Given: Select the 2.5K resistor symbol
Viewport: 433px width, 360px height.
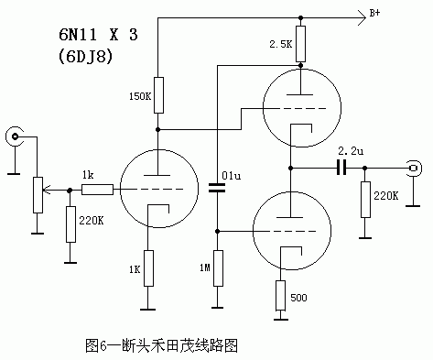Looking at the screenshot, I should (300, 43).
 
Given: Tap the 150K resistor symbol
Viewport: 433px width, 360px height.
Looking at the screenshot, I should (158, 93).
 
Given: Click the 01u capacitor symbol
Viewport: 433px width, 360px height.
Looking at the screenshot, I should (218, 189).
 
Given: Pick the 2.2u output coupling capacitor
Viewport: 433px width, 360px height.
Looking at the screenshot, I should (341, 168).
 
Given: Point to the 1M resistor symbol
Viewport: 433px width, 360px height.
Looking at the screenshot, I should (218, 267).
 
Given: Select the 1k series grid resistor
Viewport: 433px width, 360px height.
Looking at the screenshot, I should (96, 190).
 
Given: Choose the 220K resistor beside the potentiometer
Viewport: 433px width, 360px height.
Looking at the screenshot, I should (70, 224).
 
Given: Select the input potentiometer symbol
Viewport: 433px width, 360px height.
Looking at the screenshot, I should (37, 192).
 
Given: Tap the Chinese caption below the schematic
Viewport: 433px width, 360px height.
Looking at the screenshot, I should (161, 345).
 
